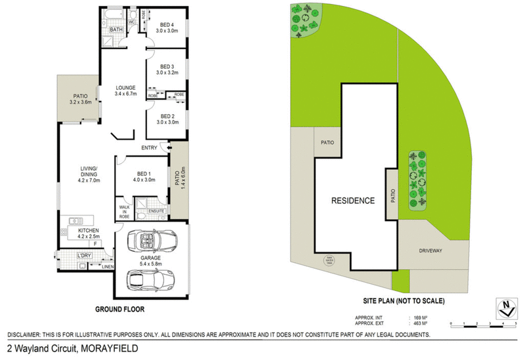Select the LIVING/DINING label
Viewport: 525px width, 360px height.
point(89,175)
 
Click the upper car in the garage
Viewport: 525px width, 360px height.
point(152,241)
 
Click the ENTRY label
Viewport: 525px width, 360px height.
point(148,148)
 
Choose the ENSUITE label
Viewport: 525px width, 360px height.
point(156,210)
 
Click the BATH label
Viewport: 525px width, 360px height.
point(115,30)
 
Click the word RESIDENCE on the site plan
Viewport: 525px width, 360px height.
point(352,201)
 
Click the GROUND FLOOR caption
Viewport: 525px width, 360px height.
point(119,308)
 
